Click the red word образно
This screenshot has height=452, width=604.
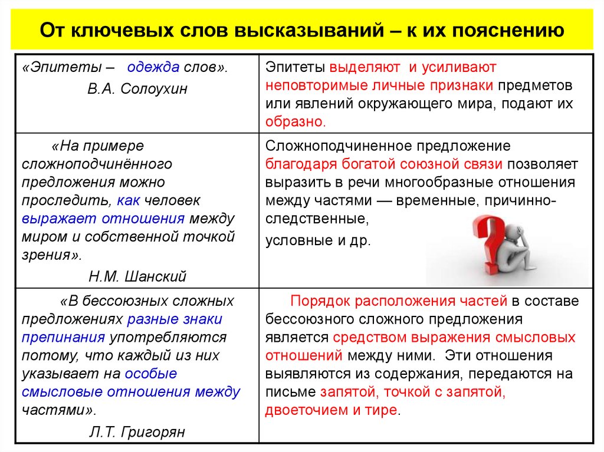click(x=294, y=122)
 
